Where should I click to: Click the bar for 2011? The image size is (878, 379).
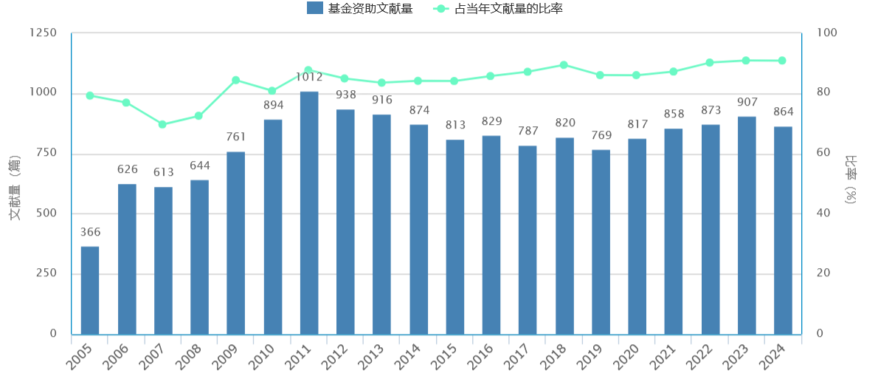click(309, 213)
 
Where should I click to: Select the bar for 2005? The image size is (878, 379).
click(90, 290)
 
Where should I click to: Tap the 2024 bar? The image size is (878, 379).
click(783, 231)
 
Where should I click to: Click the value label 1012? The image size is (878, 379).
click(309, 77)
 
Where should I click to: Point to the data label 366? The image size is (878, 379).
click(90, 232)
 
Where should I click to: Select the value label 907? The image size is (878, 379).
click(747, 102)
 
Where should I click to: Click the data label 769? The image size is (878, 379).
click(601, 135)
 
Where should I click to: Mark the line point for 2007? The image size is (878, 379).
click(162, 124)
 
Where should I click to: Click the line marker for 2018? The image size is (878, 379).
click(564, 65)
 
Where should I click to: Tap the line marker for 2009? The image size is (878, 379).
click(236, 80)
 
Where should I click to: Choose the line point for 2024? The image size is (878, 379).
click(782, 61)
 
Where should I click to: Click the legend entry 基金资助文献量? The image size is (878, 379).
click(359, 9)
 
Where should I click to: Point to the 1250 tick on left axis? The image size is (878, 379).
click(43, 33)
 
